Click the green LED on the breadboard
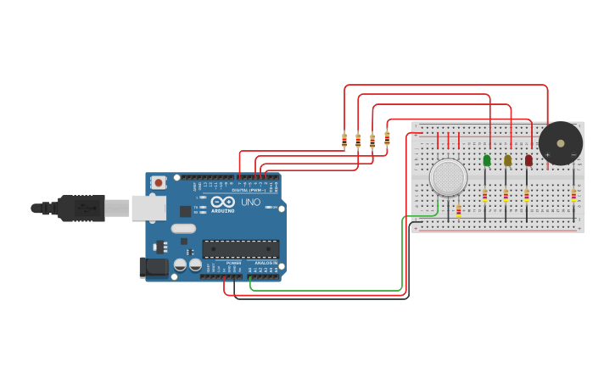tap(487, 159)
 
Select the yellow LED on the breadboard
tap(507, 159)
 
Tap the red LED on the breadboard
tap(528, 159)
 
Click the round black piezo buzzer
tap(560, 143)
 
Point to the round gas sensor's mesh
tap(448, 177)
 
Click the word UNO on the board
tap(251, 203)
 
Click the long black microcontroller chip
tap(240, 248)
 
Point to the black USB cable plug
tap(81, 207)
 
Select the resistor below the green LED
tap(485, 196)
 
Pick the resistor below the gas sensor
tap(459, 210)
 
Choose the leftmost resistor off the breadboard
tap(344, 140)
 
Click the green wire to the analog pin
tap(339, 291)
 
